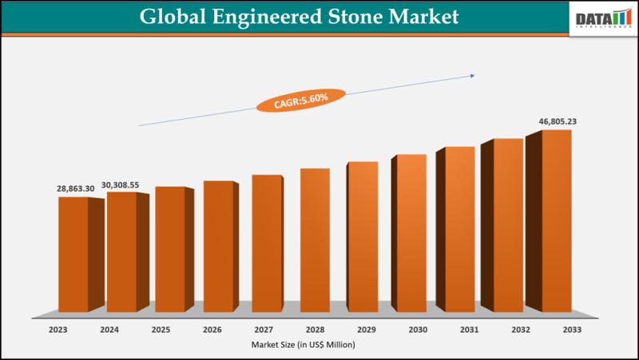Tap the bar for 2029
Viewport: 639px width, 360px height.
coord(362,236)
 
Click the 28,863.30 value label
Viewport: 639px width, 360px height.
coord(75,188)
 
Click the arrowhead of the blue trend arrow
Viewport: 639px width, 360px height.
coord(472,76)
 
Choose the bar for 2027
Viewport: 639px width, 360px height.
coord(266,243)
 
